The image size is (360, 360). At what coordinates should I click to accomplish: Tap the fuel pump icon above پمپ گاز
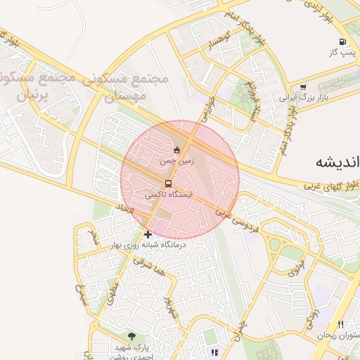342,42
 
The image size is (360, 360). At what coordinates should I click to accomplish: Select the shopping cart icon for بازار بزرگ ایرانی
303,88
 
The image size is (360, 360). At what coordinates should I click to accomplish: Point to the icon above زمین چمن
176,149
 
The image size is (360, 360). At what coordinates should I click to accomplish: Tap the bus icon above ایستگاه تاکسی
167,183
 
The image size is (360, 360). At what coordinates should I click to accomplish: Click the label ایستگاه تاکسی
169,193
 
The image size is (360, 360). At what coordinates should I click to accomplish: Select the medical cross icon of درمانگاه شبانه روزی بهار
148,233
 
